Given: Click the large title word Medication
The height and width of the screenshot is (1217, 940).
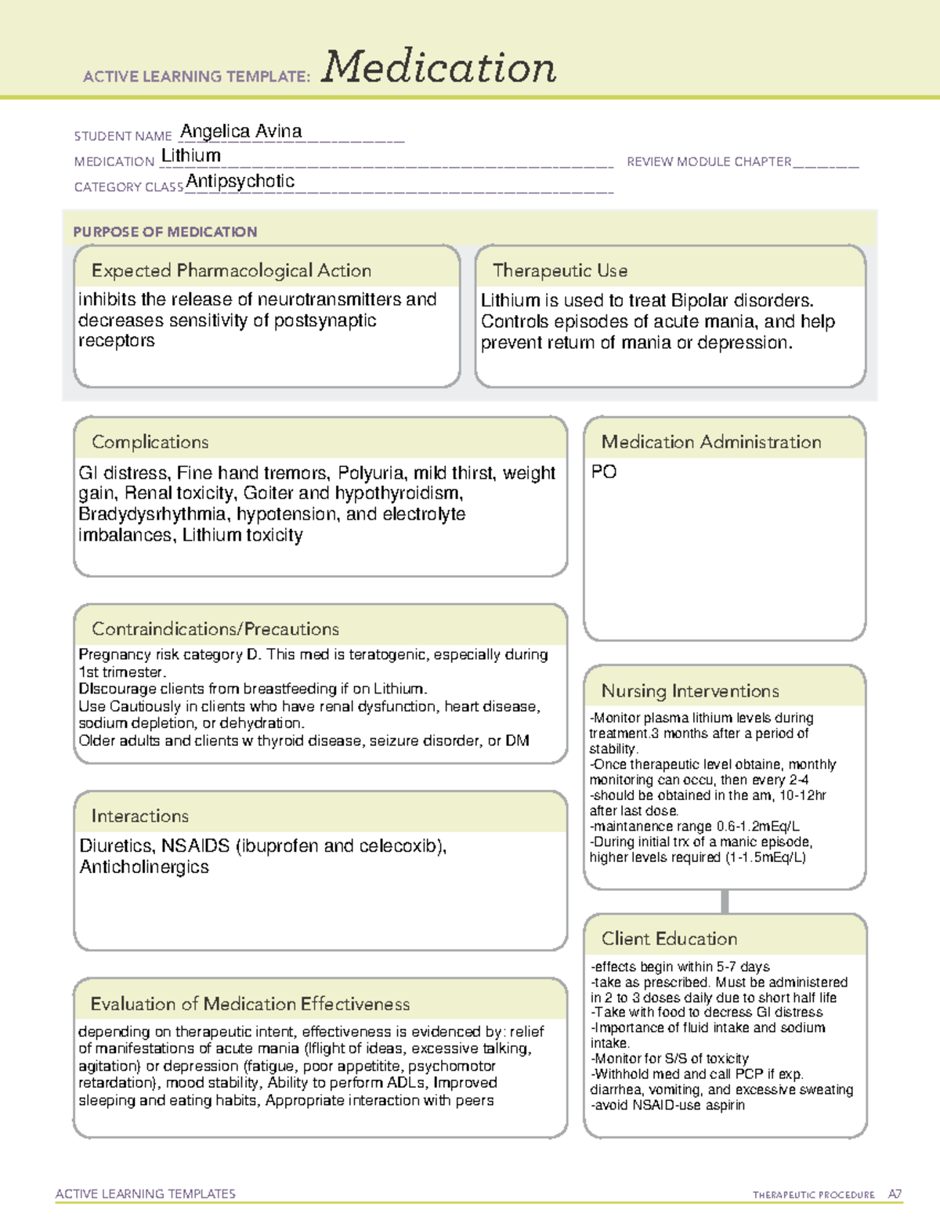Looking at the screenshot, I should (x=439, y=67).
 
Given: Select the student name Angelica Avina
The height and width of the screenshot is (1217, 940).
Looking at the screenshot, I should (x=240, y=132).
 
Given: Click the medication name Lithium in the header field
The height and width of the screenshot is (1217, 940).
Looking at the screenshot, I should (x=190, y=156).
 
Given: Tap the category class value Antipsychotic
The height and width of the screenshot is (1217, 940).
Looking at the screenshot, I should (x=240, y=182).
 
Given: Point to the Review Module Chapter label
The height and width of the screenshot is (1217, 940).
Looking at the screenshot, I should (x=709, y=161).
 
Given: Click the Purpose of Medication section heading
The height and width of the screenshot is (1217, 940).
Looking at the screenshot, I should (x=164, y=232).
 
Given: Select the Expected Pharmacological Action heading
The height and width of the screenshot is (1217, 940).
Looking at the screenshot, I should (x=231, y=270).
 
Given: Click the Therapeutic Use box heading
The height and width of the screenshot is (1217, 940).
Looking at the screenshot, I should (x=559, y=270).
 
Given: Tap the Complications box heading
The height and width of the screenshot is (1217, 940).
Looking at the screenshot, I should (x=150, y=442).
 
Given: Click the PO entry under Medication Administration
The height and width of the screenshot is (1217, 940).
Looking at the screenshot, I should (x=604, y=472).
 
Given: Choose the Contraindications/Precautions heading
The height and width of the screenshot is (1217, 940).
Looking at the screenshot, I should (x=215, y=629).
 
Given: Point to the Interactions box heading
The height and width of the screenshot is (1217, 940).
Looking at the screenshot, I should (x=139, y=816).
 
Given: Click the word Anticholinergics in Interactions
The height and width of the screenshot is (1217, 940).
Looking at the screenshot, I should (x=144, y=867).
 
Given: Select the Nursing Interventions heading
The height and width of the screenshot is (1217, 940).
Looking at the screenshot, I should (x=689, y=691).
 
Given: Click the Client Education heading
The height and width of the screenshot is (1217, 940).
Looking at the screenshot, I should (x=669, y=939).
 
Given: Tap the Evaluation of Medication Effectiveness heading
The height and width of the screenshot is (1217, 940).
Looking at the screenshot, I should (x=250, y=1004).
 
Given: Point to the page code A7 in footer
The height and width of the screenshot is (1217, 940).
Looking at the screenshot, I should (x=895, y=1194).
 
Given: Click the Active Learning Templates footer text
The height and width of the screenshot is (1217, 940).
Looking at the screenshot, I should (x=145, y=1193).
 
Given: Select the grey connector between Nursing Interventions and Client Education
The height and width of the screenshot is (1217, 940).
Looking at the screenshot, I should (x=725, y=901).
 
